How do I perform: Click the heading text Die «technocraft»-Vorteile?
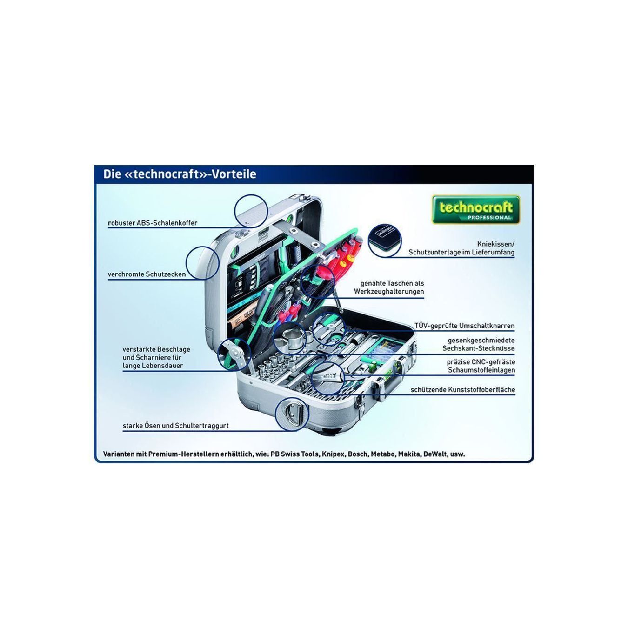click(x=180, y=174)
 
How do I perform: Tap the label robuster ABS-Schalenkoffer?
click(x=153, y=223)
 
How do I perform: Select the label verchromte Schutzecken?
click(x=147, y=274)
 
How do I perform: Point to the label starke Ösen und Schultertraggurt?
click(x=176, y=426)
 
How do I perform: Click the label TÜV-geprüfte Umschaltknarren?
click(x=464, y=326)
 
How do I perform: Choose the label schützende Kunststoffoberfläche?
click(x=463, y=389)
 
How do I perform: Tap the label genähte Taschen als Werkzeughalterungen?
click(x=389, y=287)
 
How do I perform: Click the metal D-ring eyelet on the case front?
click(x=291, y=414)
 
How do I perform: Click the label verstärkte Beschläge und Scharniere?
click(x=156, y=358)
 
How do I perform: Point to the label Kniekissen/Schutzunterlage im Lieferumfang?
click(x=461, y=248)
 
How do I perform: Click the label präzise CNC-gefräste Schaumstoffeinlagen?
click(x=481, y=366)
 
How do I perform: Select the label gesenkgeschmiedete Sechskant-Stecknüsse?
click(x=478, y=344)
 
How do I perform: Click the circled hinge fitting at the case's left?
click(x=234, y=354)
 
